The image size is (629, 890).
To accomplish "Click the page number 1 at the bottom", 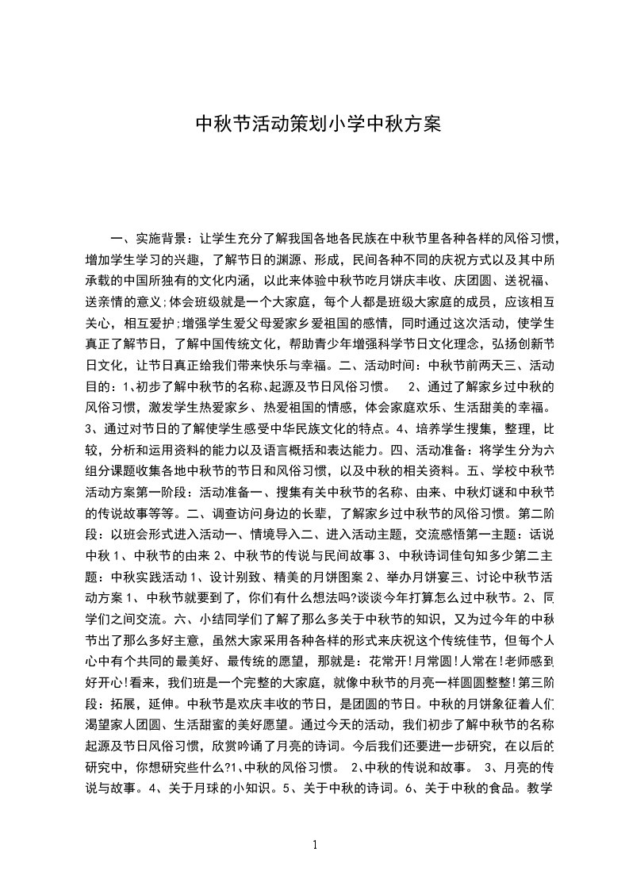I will tap(315, 844).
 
